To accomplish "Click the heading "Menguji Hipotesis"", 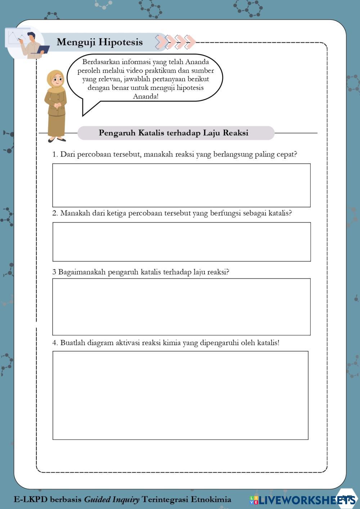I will tap(99, 42).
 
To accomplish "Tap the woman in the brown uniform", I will tap(55, 106).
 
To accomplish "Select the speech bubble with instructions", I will tap(145, 79).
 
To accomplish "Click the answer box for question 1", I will tap(181, 185).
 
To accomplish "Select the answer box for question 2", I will tap(181, 242).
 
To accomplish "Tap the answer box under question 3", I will tap(181, 307).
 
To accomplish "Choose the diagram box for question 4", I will tap(180, 395).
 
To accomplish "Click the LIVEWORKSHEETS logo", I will tap(302, 500).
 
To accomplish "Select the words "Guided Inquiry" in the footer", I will tap(112, 499).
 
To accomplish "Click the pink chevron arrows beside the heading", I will tap(175, 42).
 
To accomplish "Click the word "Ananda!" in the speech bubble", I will tap(145, 96).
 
